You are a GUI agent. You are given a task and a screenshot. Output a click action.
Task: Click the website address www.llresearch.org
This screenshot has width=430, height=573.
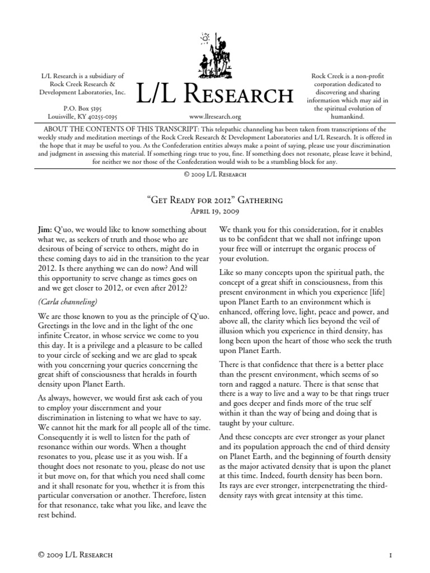click(x=215, y=117)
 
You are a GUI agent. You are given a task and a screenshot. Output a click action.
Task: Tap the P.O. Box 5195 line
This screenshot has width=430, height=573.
click(x=83, y=107)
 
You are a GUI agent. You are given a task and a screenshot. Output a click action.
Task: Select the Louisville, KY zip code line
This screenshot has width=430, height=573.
click(x=83, y=116)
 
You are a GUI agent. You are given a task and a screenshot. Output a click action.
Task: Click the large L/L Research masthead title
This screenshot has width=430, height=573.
click(x=215, y=95)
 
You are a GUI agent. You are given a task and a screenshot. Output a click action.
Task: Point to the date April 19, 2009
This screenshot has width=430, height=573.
click(x=215, y=212)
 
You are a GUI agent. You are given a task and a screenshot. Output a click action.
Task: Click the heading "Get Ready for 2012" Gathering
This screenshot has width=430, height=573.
click(x=215, y=200)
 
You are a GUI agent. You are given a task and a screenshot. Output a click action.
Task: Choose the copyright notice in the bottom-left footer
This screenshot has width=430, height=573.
click(x=74, y=555)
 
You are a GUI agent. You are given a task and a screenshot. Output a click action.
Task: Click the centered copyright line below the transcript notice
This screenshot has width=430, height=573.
click(x=215, y=174)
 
